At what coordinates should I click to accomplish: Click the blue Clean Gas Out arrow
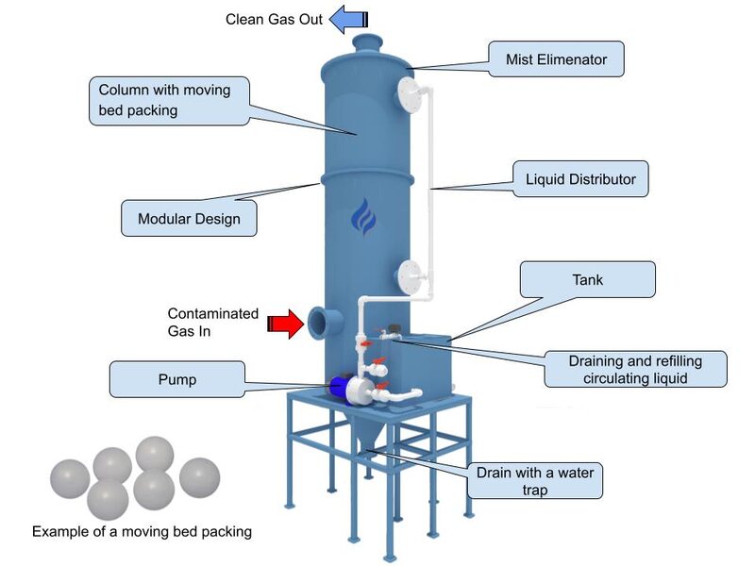[x=349, y=19]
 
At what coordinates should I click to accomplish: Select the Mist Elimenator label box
[x=559, y=58]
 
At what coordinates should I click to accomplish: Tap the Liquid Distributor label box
[x=580, y=178]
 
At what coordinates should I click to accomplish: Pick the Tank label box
[x=587, y=280]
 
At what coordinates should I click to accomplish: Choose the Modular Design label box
[x=189, y=219]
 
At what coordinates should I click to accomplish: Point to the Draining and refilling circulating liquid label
[x=634, y=369]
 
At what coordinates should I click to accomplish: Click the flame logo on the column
[x=362, y=218]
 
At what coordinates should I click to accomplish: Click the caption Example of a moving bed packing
[x=142, y=531]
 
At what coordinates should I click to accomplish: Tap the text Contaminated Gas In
[x=212, y=323]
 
